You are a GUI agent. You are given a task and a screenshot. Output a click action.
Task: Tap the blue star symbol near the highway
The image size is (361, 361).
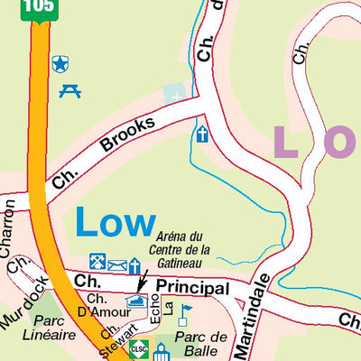[60, 63]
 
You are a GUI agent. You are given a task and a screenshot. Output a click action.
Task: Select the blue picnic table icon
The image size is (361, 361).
[69, 90]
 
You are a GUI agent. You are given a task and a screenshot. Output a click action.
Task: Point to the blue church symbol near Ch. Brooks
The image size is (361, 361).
[200, 134]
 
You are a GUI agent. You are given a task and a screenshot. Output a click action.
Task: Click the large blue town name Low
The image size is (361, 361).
[115, 222]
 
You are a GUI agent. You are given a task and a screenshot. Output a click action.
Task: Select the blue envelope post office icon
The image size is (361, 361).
[117, 264]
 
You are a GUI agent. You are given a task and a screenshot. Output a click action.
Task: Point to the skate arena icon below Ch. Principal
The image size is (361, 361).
[136, 301]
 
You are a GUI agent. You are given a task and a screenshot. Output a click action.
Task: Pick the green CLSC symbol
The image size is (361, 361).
[138, 348]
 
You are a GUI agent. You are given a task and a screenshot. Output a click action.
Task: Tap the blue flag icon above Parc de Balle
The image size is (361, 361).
[185, 314]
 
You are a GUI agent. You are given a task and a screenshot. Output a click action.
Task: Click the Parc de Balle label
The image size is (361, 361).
[200, 344]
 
